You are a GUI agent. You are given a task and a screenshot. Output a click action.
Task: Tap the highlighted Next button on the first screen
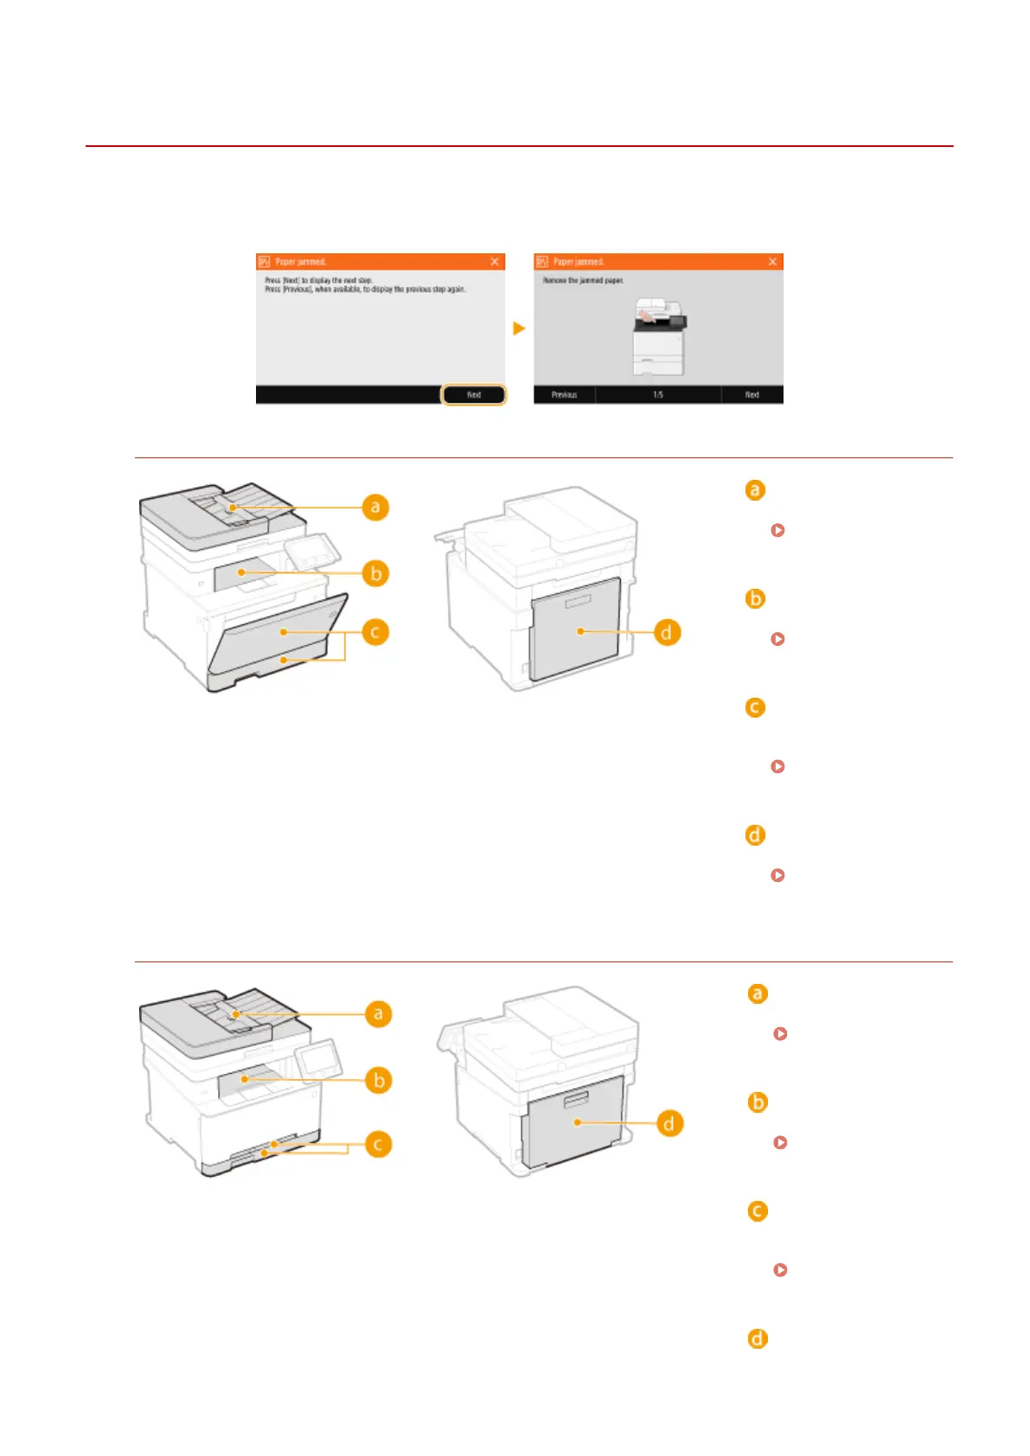473,394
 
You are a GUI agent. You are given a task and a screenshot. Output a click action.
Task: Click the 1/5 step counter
658,394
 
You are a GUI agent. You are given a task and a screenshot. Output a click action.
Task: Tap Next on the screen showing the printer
752,394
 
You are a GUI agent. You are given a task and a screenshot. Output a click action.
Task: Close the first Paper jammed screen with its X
495,261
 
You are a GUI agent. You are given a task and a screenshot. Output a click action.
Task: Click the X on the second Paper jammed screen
773,261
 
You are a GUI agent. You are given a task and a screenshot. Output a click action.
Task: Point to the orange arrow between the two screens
519,329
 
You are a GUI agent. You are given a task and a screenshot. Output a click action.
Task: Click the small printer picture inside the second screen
659,336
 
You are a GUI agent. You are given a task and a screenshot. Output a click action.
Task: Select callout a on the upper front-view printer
375,507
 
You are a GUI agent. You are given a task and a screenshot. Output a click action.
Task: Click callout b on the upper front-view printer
375,573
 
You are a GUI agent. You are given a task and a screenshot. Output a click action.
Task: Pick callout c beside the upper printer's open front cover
375,632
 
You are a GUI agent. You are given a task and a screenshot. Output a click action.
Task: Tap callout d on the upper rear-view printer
666,632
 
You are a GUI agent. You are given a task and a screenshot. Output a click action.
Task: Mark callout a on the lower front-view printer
378,1013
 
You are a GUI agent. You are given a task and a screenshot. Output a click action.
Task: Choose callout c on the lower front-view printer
378,1145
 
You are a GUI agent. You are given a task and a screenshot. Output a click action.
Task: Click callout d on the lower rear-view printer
669,1123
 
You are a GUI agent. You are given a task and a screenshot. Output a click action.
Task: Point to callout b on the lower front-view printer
378,1080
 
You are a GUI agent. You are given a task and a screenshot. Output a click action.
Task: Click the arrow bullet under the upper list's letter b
777,639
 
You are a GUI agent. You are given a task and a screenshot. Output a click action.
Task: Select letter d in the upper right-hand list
755,835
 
